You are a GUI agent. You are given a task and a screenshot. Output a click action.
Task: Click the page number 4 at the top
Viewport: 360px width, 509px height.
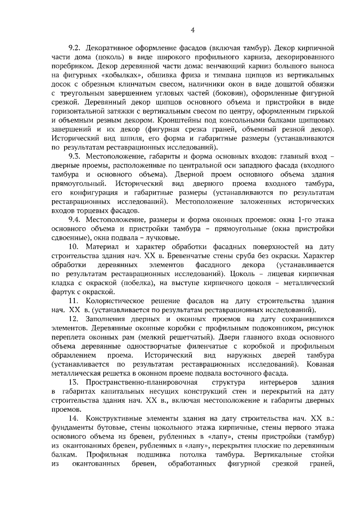(192, 30)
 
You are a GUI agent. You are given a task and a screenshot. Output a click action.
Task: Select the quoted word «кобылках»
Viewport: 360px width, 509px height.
(127, 76)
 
